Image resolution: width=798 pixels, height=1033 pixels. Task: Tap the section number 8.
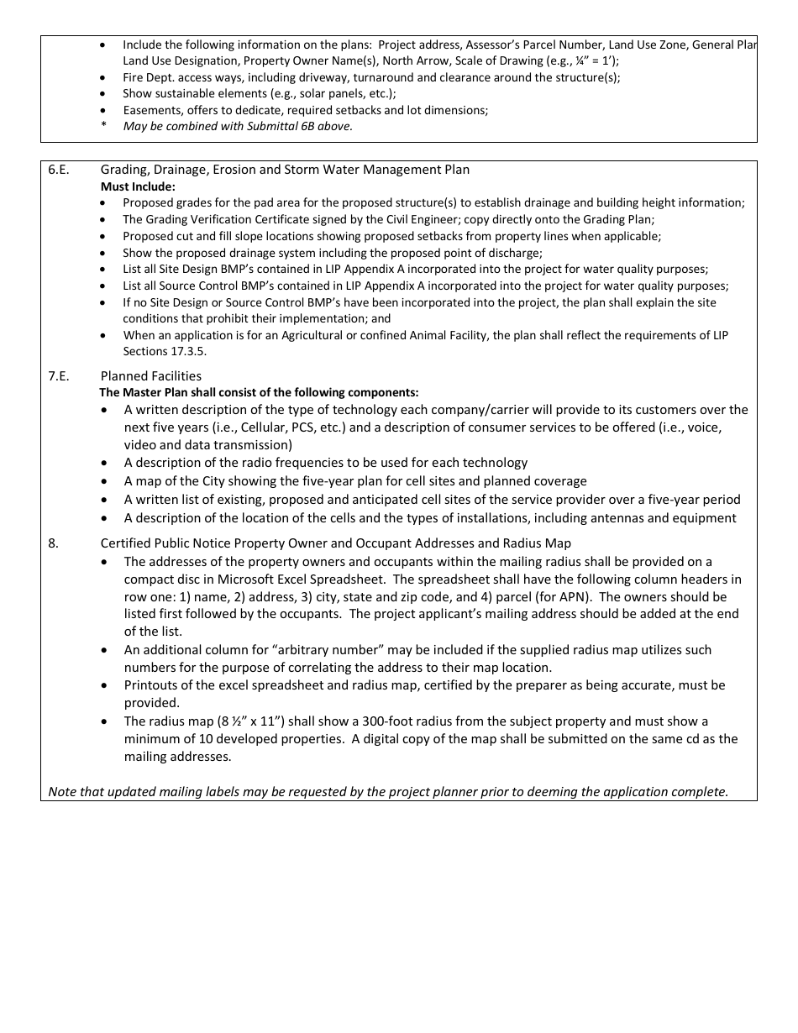(53, 543)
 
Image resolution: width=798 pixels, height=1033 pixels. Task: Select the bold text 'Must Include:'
(138, 186)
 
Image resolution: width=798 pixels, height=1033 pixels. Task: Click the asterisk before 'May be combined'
(103, 127)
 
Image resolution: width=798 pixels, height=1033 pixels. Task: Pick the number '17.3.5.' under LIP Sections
(188, 351)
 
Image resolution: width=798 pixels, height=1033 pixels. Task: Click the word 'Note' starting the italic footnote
(62, 792)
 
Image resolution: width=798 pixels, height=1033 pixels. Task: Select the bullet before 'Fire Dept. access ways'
(103, 77)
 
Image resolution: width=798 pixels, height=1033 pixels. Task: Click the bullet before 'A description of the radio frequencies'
(104, 463)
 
